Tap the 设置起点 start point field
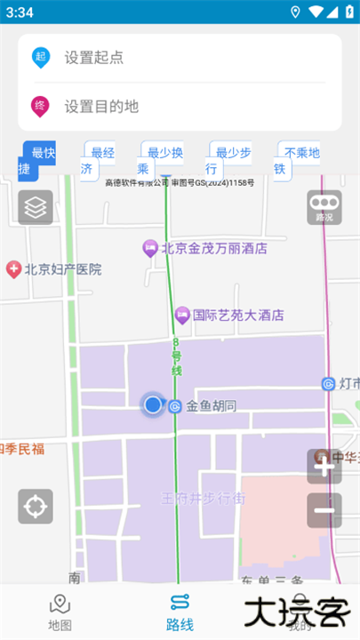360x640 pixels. point(178,58)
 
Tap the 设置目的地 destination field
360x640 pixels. point(178,107)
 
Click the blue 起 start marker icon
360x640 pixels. point(40,58)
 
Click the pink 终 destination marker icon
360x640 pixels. point(40,106)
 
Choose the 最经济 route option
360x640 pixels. point(98,160)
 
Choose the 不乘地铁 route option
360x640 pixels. point(296,160)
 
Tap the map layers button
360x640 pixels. point(36,207)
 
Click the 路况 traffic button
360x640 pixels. point(324,207)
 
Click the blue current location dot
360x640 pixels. point(153,405)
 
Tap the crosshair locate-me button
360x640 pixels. point(36,506)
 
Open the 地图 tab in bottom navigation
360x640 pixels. point(60,612)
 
